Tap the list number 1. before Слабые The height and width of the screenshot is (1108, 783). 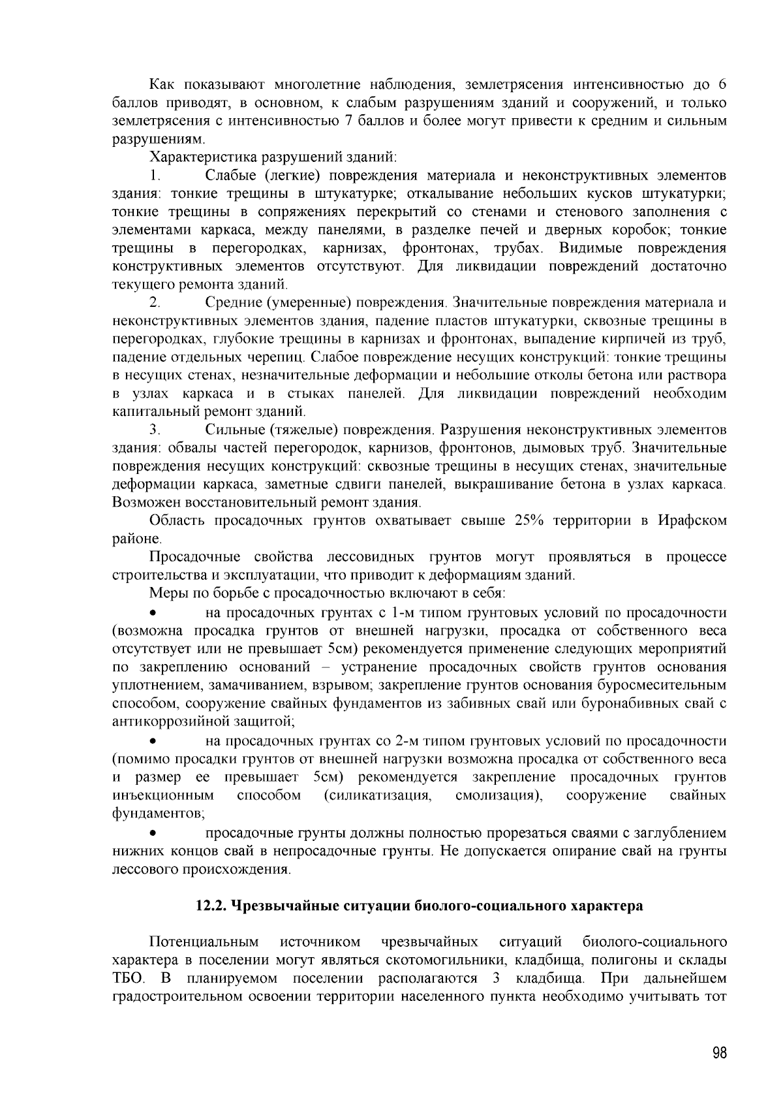tap(155, 176)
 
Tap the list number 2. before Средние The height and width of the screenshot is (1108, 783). tap(155, 303)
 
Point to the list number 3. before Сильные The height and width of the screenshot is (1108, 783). tap(155, 430)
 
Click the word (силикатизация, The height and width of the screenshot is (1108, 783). tap(378, 796)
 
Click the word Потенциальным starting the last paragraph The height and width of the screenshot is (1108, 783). tap(204, 942)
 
